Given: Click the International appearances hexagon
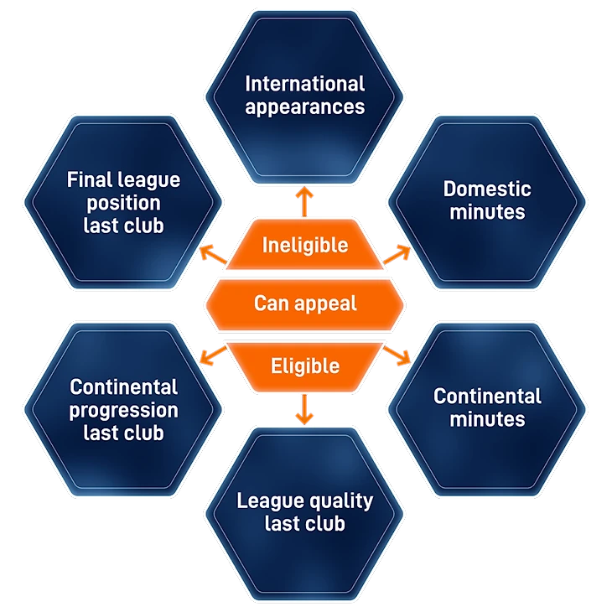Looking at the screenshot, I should point(304,94).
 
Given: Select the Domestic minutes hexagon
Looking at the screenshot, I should point(487,201).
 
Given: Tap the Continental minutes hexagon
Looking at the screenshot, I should point(487,407).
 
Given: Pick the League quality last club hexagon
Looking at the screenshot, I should point(304,513).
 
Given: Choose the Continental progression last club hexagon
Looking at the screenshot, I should point(123,409).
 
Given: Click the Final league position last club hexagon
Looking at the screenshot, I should point(123,201).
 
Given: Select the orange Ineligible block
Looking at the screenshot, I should point(304,245).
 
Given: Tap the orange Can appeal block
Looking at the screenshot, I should point(304,302).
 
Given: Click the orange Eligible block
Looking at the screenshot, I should point(304,366).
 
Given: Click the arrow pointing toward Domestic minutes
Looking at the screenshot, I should point(397,252).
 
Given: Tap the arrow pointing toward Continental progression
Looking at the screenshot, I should point(213,355).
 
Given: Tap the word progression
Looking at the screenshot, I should point(123,411).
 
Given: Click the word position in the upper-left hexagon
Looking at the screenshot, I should point(123,203).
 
